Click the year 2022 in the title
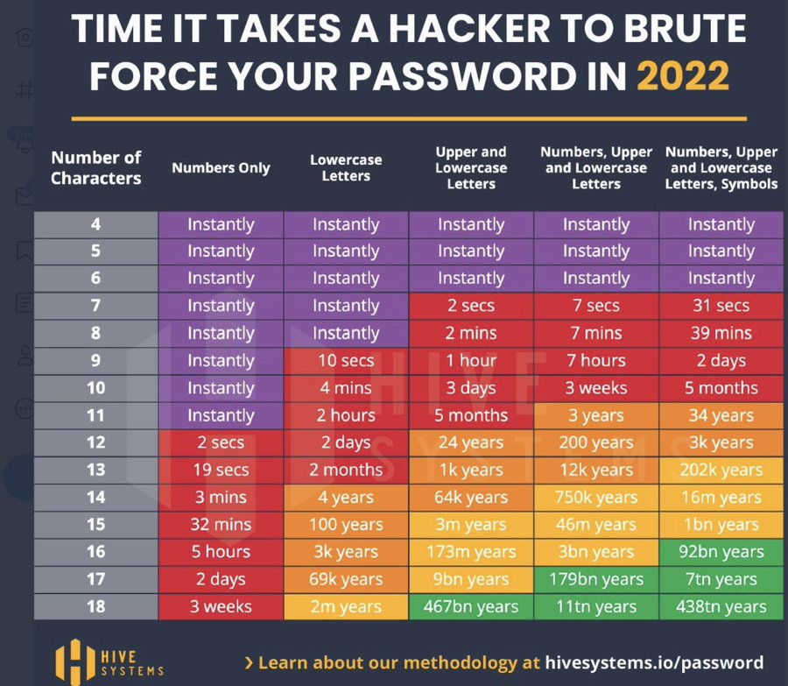[683, 76]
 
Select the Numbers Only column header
[221, 168]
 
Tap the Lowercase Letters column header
[346, 168]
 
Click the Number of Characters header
[95, 168]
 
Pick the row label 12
[95, 442]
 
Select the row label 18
[95, 606]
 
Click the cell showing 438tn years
[721, 606]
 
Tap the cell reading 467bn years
[471, 606]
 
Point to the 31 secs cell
[721, 306]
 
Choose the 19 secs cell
[221, 470]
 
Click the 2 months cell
[346, 470]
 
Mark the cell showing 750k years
[596, 497]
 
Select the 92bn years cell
[721, 552]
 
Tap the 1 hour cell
[471, 360]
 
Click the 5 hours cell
[221, 552]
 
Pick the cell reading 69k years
[346, 579]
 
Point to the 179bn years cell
[596, 579]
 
